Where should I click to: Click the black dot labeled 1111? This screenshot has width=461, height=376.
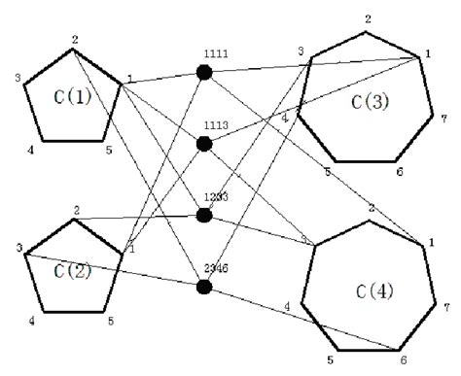pyautogui.click(x=204, y=72)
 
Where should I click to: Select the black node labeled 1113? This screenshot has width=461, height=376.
pyautogui.click(x=204, y=144)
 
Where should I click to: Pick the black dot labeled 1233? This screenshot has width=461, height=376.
pyautogui.click(x=204, y=215)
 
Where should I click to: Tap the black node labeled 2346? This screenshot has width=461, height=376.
pyautogui.click(x=204, y=287)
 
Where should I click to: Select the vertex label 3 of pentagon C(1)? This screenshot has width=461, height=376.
pyautogui.click(x=17, y=78)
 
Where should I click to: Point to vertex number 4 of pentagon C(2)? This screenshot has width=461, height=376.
pyautogui.click(x=31, y=321)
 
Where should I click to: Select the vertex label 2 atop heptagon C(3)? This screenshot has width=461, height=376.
pyautogui.click(x=368, y=19)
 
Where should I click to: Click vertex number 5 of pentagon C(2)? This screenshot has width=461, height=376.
pyautogui.click(x=110, y=321)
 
